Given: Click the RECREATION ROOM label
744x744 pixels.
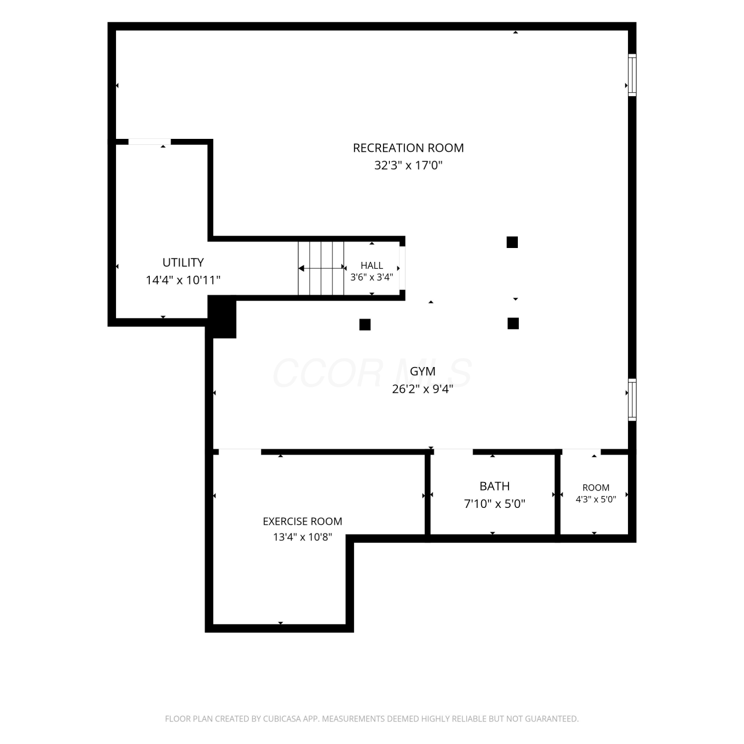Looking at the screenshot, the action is [x=408, y=148].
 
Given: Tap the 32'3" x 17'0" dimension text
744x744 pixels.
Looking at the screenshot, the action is [x=408, y=165].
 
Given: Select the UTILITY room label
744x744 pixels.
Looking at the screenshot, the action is [x=183, y=262].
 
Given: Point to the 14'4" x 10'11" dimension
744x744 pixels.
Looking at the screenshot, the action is [x=183, y=280].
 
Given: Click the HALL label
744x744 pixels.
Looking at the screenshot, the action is [x=372, y=265].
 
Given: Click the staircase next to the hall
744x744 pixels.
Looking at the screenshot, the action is [x=321, y=268].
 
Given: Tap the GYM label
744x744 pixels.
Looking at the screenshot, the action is [x=423, y=371].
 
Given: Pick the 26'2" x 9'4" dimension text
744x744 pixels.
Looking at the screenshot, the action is [x=423, y=389].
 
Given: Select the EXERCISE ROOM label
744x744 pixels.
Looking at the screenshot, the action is [x=303, y=521].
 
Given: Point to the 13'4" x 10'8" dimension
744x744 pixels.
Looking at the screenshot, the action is [x=303, y=537].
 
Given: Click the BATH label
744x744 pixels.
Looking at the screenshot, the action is [x=495, y=486].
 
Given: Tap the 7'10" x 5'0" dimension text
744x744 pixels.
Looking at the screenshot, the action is [x=495, y=504].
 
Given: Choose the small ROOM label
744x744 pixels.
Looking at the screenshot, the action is [x=596, y=488].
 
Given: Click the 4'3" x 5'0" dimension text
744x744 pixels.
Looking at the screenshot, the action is [x=596, y=499].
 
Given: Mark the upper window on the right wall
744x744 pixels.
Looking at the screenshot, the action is [x=632, y=75].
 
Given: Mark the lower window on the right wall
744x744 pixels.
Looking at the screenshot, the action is [x=632, y=400].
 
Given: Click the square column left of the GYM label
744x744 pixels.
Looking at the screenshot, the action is [x=365, y=325].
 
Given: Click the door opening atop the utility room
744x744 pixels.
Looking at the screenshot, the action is [x=149, y=142].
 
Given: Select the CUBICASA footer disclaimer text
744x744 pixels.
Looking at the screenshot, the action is [x=372, y=719].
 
